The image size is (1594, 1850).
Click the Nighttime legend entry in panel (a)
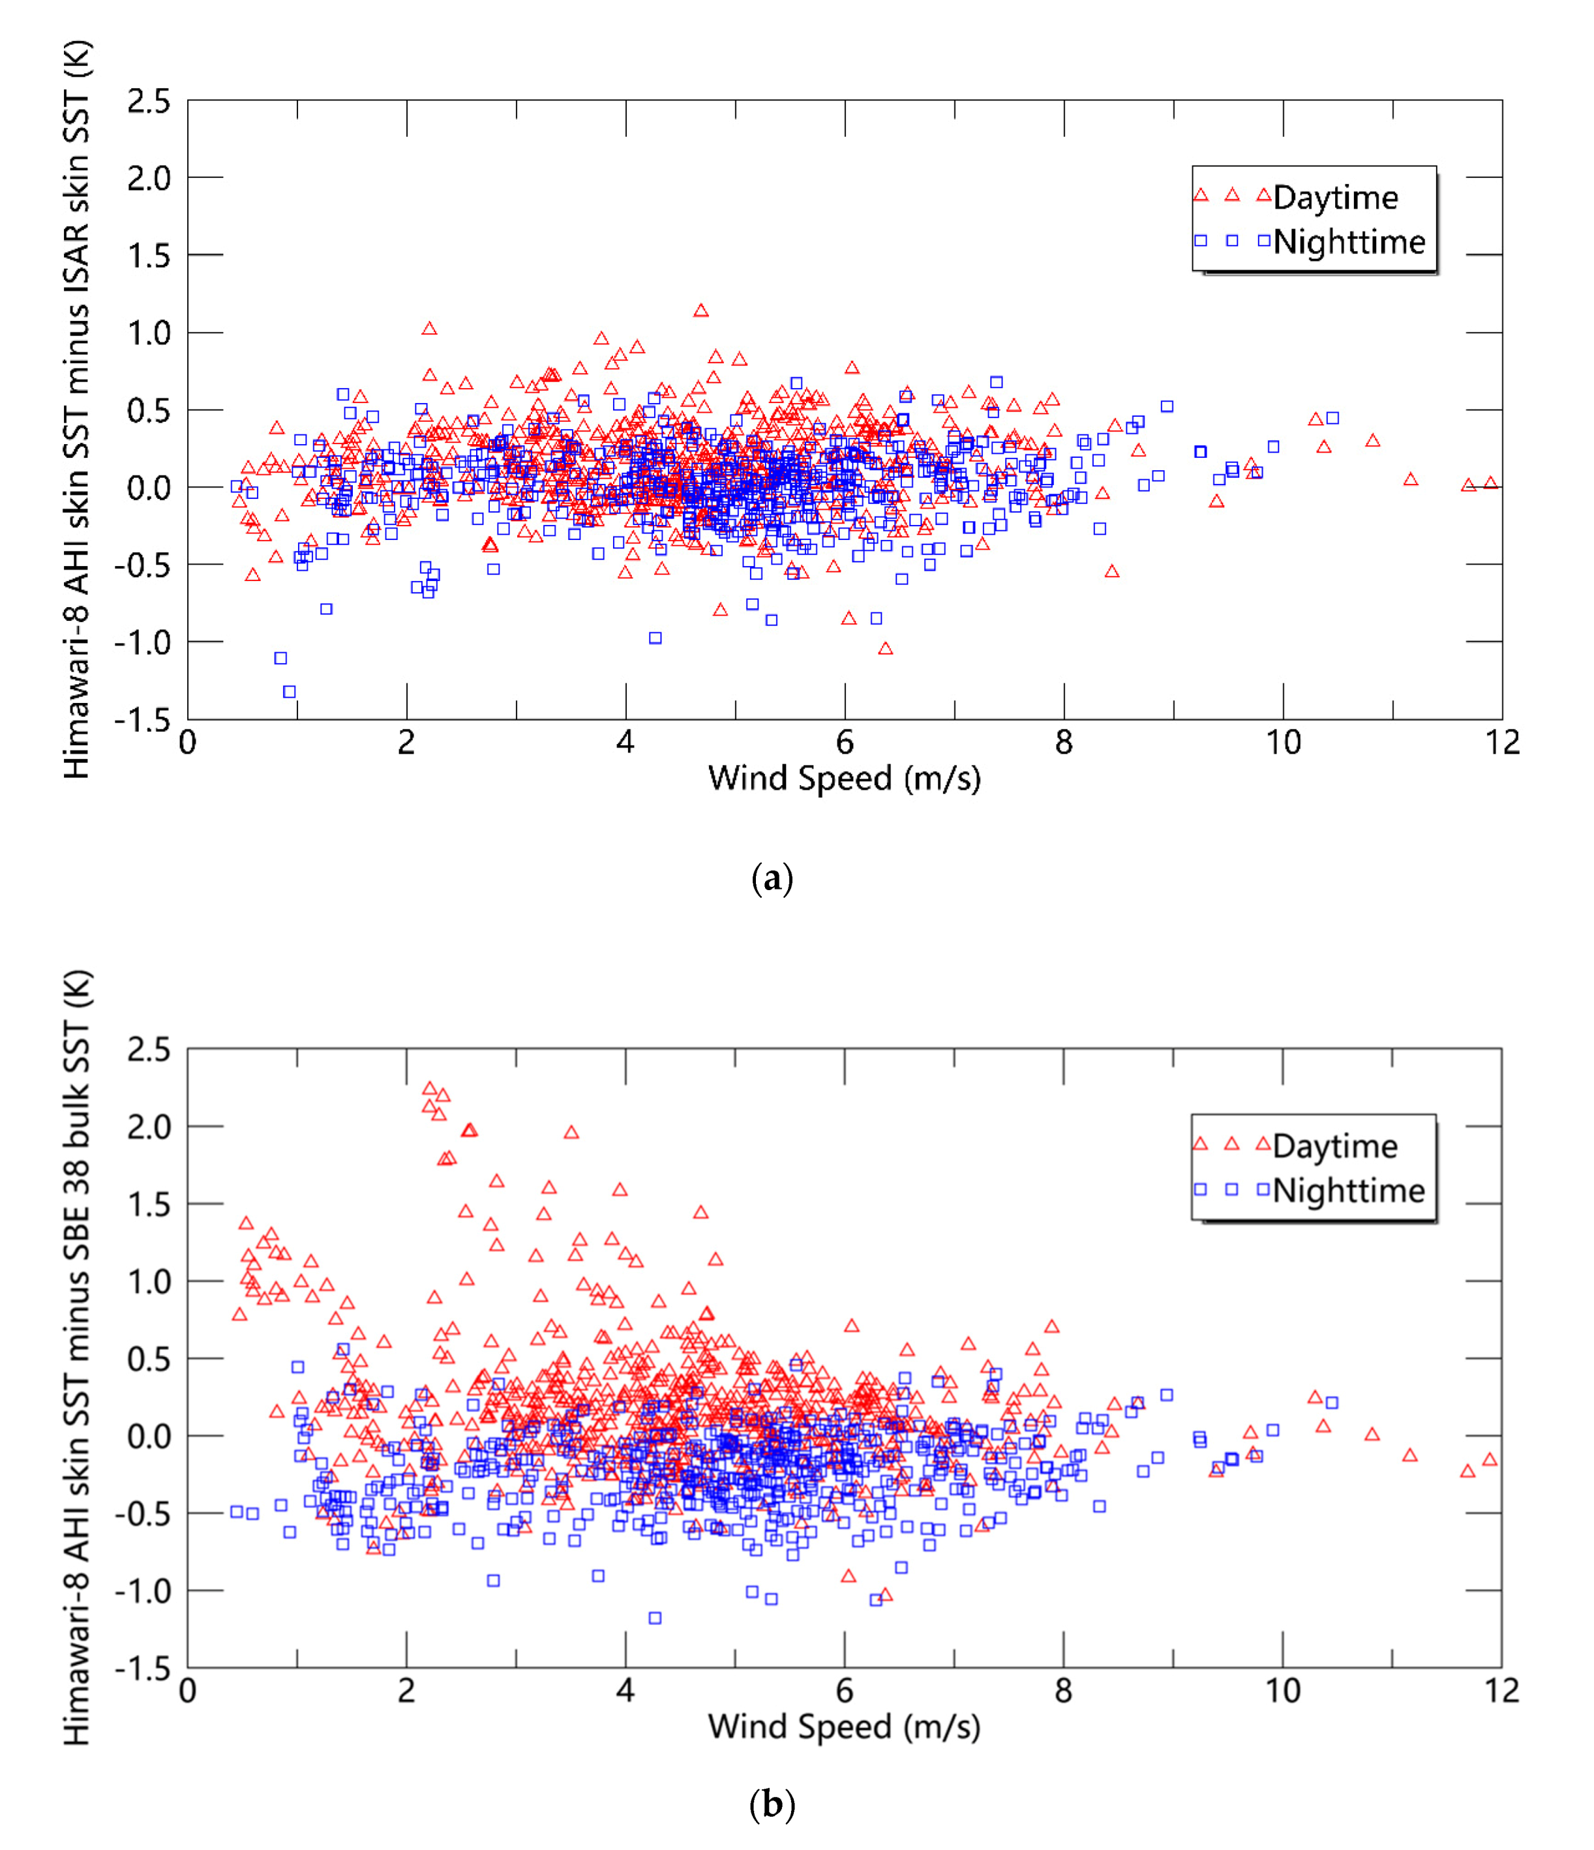pos(1348,242)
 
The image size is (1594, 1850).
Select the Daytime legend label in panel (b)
pos(1334,1146)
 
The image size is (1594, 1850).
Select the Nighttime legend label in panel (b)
pos(1348,1190)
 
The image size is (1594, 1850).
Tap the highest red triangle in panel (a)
pos(701,310)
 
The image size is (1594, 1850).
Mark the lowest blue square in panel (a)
pos(290,692)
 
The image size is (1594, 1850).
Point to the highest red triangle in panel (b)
pos(430,1089)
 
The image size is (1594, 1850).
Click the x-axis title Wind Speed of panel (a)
pos(844,778)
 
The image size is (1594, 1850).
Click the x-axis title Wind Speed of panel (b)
pos(844,1726)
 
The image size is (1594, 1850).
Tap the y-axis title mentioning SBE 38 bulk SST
pos(77,1357)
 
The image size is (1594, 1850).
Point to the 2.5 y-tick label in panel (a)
pos(148,101)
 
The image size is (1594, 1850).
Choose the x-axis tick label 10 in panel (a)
pos(1284,743)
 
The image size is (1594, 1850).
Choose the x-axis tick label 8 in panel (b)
pos(1064,1690)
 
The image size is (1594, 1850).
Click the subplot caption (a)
pos(772,880)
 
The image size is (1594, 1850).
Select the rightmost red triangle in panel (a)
pos(1490,483)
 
